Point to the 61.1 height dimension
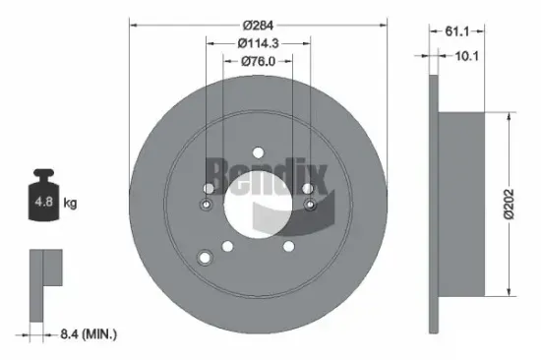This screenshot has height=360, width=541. (x=455, y=30)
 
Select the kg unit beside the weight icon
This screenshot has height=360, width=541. (x=70, y=204)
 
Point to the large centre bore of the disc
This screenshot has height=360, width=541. (x=257, y=204)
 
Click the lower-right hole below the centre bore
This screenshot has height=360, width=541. (x=288, y=246)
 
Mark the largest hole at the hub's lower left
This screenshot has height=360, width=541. (x=206, y=258)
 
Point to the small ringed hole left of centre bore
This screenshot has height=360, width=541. (x=207, y=205)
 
